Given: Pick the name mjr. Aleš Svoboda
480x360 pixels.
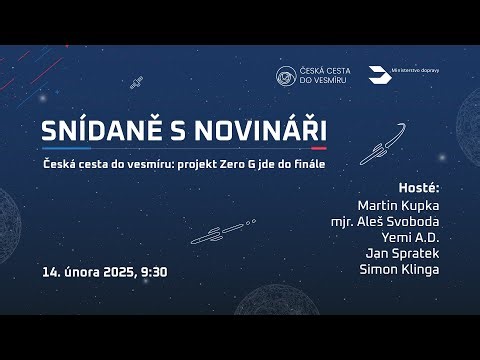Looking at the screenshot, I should tap(385, 221).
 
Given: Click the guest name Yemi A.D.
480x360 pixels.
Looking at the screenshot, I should tap(412, 238).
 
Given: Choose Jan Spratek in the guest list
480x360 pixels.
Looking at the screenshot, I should tap(404, 254).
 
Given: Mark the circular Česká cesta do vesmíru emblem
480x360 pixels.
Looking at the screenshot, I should tap(287, 76).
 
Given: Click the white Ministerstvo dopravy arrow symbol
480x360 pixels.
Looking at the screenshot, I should tap(377, 76).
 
